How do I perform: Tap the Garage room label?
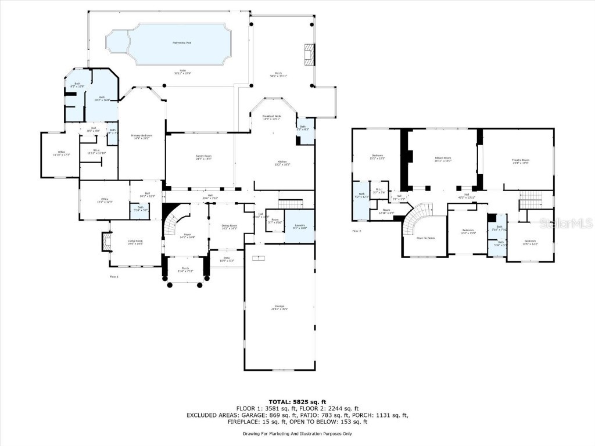pos(279,307)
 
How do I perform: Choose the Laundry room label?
pos(300,226)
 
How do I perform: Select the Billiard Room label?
pos(443,159)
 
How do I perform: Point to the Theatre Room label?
pos(521,161)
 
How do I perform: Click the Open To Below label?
pos(426,238)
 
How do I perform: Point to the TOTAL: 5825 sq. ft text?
pos(297,401)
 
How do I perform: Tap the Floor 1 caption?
pos(114,276)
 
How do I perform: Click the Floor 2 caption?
pos(356,231)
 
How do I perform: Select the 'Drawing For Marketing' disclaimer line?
pos(297,433)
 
